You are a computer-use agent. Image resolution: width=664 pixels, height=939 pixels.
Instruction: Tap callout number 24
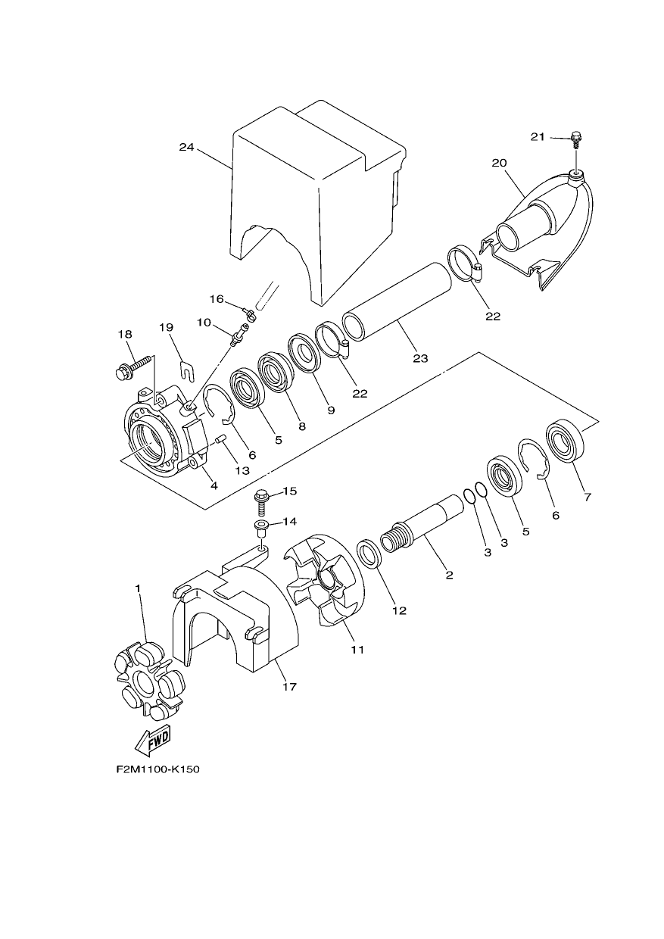[186, 147]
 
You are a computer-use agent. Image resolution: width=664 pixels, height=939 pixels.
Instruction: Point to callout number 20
[499, 163]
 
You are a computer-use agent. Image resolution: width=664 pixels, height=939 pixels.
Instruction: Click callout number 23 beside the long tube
[420, 358]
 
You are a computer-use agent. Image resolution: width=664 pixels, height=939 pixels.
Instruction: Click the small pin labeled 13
[221, 439]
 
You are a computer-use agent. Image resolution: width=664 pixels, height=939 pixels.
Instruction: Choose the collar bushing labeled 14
[260, 529]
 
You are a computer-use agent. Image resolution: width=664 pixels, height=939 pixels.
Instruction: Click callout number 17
[290, 687]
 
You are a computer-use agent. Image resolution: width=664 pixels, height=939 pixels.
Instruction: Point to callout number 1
[138, 588]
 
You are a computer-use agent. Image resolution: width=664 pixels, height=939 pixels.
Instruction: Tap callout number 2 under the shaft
[449, 575]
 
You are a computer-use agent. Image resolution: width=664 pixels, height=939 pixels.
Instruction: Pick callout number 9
[331, 410]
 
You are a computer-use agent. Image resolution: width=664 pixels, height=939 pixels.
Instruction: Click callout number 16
[217, 299]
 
